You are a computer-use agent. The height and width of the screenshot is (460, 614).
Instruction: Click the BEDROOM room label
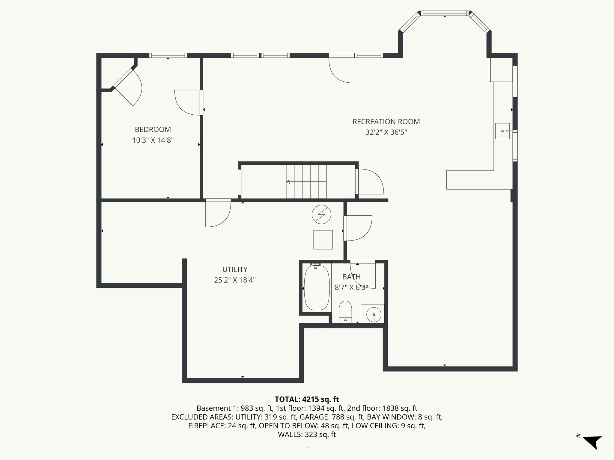coord(153,129)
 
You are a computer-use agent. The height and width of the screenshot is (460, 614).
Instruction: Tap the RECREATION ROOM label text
coord(386,122)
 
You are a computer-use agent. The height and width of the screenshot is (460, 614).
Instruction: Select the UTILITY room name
coord(235,269)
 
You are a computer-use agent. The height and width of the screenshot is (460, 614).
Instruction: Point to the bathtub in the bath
coord(317,288)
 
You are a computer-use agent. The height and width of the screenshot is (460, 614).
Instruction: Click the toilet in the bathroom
coord(345,311)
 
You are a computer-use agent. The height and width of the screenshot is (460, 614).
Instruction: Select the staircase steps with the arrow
coord(306,181)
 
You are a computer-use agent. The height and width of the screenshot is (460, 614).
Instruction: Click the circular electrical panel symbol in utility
coord(321,214)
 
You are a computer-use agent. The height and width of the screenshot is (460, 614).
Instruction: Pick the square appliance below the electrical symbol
coord(323,240)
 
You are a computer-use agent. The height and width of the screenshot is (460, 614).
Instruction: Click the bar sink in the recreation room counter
coord(502,131)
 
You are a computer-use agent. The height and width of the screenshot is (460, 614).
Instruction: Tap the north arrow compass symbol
coord(592,442)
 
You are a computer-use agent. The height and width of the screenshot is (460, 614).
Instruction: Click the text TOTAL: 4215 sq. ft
coord(307,399)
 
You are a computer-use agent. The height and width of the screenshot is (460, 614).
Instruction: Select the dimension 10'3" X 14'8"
coord(153,140)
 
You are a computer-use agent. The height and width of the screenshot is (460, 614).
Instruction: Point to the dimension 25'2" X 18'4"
coord(235,280)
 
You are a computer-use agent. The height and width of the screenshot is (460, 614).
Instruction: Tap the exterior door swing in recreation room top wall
coord(342,70)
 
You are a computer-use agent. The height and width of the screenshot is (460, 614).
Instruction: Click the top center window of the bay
coord(445,13)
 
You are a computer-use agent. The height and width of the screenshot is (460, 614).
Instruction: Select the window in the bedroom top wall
coord(168,55)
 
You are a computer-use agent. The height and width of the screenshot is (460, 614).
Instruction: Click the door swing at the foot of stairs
coord(370,182)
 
